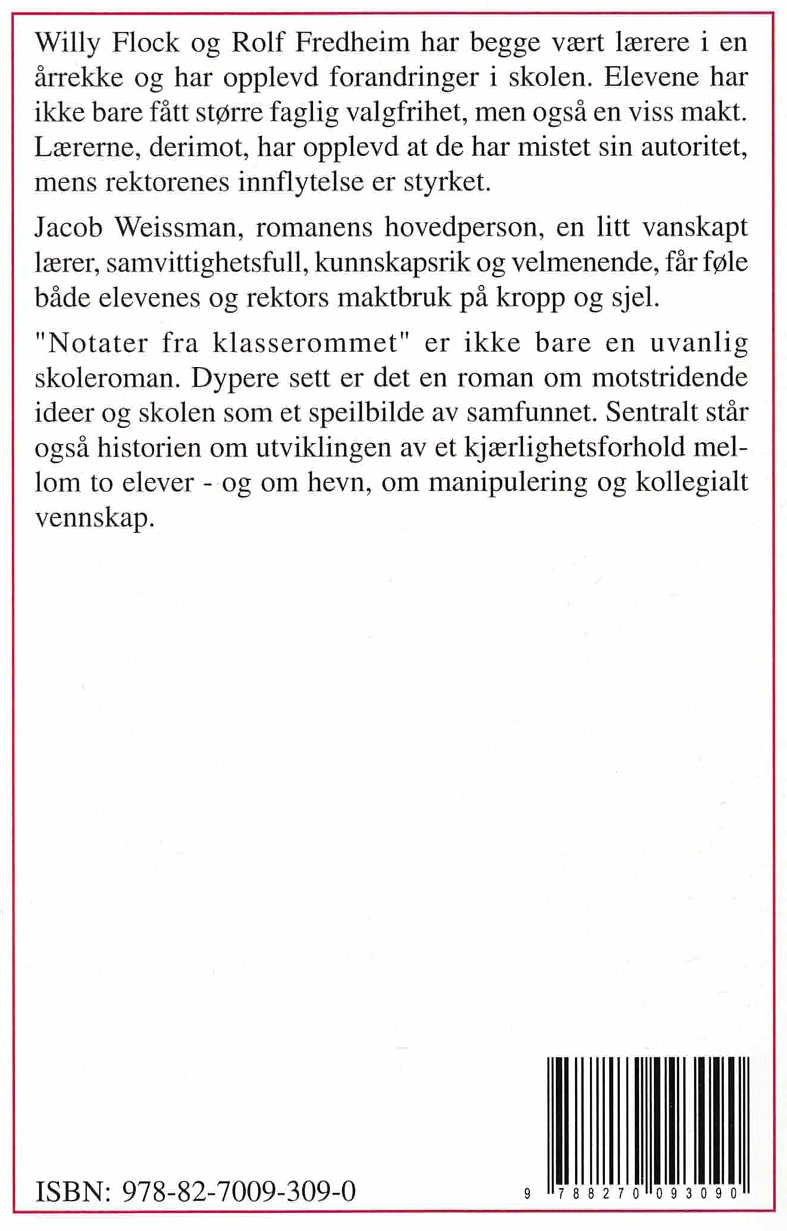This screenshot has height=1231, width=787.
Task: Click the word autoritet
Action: point(694,147)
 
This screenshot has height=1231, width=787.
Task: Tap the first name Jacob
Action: point(69,228)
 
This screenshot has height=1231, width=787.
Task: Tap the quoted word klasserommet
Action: point(304,343)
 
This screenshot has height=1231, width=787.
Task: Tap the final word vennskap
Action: point(95,518)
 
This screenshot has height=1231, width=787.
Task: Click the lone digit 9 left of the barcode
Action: point(527,1194)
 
